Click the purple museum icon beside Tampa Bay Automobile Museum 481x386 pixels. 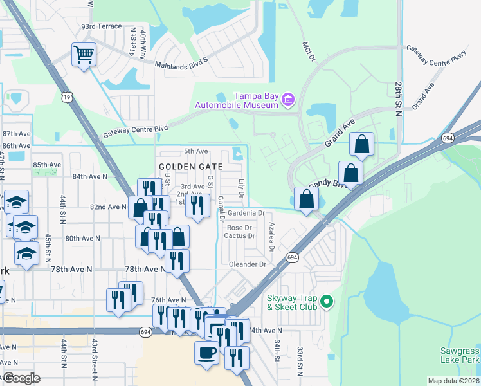point(289,98)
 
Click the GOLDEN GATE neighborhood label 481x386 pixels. point(190,167)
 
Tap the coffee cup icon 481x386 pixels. point(206,353)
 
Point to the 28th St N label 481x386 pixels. point(399,99)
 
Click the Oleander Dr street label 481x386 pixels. point(245,264)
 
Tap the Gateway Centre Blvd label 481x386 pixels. point(135,131)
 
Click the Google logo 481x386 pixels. point(21,378)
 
